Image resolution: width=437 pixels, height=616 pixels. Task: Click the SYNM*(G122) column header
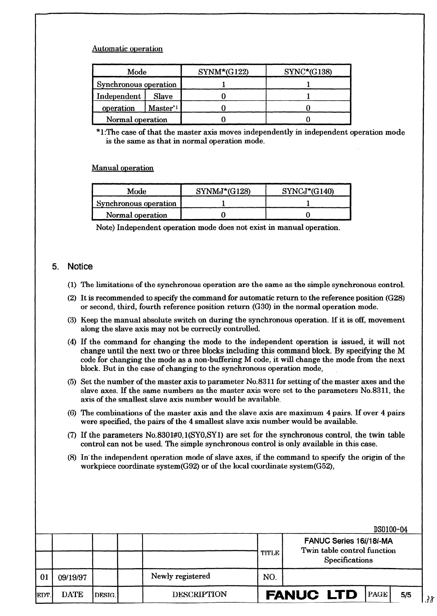pyautogui.click(x=223, y=72)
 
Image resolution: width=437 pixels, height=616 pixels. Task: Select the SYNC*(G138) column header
pyautogui.click(x=308, y=72)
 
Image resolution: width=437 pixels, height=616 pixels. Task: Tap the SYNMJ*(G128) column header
pyautogui.click(x=223, y=191)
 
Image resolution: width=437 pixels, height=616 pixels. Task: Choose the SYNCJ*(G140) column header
pyautogui.click(x=308, y=191)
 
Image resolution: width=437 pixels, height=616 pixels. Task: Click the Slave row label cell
pyautogui.click(x=163, y=96)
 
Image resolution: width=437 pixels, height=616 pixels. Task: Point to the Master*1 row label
pyautogui.click(x=163, y=108)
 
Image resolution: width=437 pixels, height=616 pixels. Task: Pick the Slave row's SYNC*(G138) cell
pyautogui.click(x=308, y=96)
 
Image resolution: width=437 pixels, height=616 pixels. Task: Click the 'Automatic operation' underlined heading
pyautogui.click(x=127, y=49)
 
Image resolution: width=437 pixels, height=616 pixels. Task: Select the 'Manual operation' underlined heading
pyautogui.click(x=122, y=168)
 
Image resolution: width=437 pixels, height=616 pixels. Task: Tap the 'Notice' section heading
pyautogui.click(x=80, y=266)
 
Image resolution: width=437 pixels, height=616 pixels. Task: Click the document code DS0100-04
pyautogui.click(x=391, y=529)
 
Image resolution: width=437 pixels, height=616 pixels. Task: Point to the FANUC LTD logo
pyautogui.click(x=312, y=594)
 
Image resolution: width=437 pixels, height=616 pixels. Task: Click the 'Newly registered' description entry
pyautogui.click(x=180, y=576)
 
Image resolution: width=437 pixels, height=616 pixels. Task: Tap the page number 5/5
pyautogui.click(x=406, y=595)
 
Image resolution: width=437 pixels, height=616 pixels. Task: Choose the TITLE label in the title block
pyautogui.click(x=270, y=553)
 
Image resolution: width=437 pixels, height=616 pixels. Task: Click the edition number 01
pyautogui.click(x=44, y=577)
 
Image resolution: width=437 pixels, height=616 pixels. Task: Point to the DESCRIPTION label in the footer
pyautogui.click(x=199, y=594)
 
